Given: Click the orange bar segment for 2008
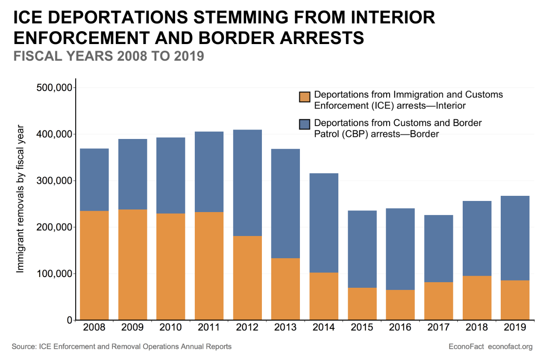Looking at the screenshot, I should pyautogui.click(x=94, y=265).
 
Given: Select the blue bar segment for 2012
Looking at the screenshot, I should pyautogui.click(x=247, y=183).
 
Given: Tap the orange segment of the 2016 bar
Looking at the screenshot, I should pyautogui.click(x=400, y=305).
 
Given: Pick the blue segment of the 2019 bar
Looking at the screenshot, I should pyautogui.click(x=515, y=238).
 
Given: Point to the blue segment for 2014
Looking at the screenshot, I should pyautogui.click(x=324, y=223).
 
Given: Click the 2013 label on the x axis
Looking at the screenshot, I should pyautogui.click(x=285, y=328).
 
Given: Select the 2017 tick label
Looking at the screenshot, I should pyautogui.click(x=439, y=328).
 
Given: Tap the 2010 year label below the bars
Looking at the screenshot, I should pyautogui.click(x=170, y=328).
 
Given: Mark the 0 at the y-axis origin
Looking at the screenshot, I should pyautogui.click(x=68, y=320).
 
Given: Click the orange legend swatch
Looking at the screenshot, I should pyautogui.click(x=305, y=97).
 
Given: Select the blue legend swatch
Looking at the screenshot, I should pyautogui.click(x=305, y=124).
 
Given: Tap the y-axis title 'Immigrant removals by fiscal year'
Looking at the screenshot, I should pyautogui.click(x=20, y=199).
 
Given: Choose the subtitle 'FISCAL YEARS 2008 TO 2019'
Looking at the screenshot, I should pyautogui.click(x=109, y=56).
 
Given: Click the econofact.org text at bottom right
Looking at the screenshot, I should pyautogui.click(x=510, y=346).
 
